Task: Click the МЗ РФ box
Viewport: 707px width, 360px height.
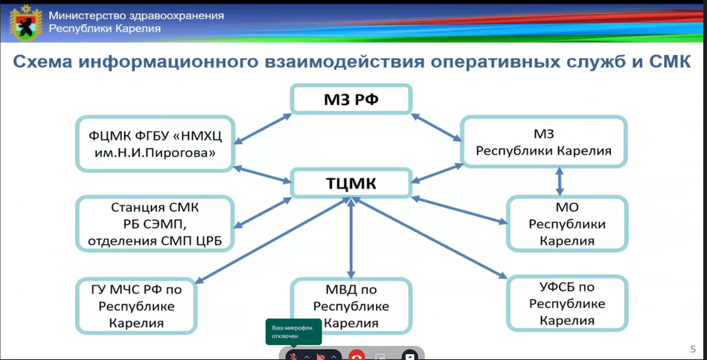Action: (351, 99)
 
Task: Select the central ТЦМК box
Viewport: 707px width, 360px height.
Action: (351, 183)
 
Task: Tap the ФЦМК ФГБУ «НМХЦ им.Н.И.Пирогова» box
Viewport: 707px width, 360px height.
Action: (155, 144)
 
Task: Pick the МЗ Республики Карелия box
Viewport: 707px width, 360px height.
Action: (544, 141)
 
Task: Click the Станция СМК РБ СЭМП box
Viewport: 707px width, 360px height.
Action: (155, 223)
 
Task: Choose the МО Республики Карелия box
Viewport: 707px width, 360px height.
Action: (567, 223)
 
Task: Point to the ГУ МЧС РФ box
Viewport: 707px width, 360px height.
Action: (136, 306)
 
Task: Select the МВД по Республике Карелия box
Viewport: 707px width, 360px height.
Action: (351, 306)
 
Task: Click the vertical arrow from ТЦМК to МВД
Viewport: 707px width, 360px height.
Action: (351, 238)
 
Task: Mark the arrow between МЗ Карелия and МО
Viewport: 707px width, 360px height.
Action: (560, 181)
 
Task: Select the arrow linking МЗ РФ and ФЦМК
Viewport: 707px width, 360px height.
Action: (263, 129)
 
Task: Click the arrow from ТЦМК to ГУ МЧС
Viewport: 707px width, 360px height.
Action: (271, 240)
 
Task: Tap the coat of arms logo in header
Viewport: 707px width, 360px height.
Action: (27, 24)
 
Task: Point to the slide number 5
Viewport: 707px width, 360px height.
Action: (693, 349)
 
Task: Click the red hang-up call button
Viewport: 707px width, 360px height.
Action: (356, 356)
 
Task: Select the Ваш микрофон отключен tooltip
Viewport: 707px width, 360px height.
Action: (293, 332)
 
